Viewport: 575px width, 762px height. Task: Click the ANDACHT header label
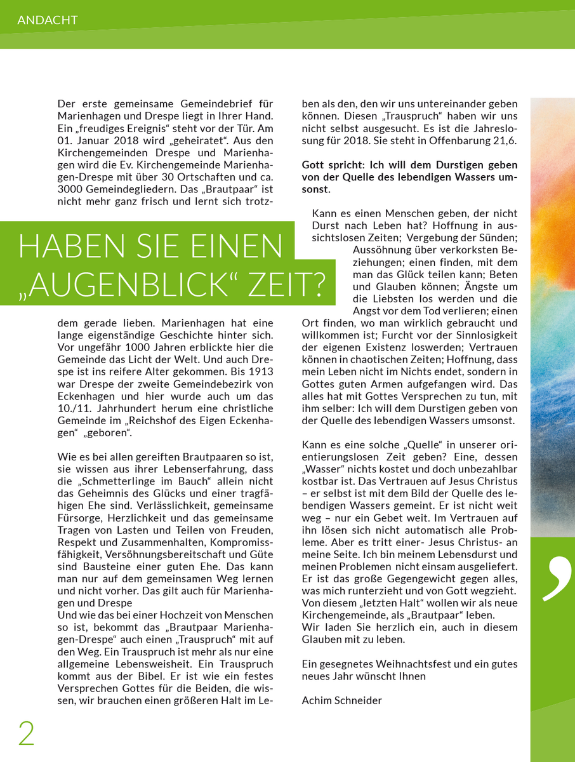click(48, 20)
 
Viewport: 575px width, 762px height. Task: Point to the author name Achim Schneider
click(342, 700)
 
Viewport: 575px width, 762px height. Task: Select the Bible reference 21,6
click(504, 139)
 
